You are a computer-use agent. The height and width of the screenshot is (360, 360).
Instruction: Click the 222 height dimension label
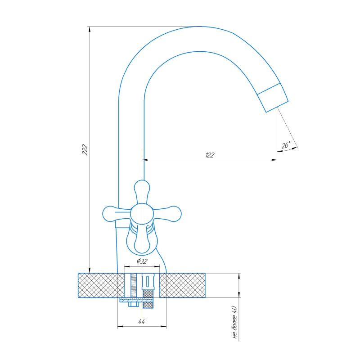coord(85,150)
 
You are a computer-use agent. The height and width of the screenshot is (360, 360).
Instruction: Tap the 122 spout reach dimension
coord(210,155)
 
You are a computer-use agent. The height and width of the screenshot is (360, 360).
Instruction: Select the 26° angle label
coord(286,145)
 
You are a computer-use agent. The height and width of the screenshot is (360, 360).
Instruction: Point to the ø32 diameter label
coord(142,261)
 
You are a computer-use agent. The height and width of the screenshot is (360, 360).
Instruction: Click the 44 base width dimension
coord(142,322)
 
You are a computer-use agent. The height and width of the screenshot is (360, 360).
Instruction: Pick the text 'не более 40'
coord(234,322)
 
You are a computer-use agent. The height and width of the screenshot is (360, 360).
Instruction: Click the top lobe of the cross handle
coord(142,190)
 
